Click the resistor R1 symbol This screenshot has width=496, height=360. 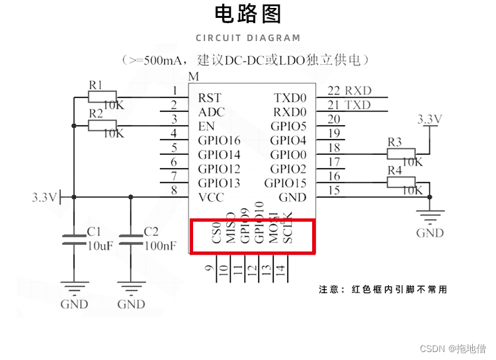(x=102, y=97)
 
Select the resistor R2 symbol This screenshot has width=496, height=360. (x=102, y=125)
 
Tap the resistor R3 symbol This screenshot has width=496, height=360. (x=401, y=154)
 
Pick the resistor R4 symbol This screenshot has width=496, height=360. (x=401, y=183)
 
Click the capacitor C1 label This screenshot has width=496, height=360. (x=94, y=232)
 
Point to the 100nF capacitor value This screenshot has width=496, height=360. (x=161, y=246)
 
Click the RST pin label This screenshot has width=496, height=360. (x=210, y=98)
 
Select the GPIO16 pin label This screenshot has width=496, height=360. (x=219, y=140)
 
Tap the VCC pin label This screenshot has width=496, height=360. (x=211, y=197)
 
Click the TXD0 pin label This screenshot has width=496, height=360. (x=290, y=98)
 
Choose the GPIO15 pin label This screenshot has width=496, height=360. (x=285, y=183)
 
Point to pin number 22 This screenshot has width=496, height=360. (x=334, y=91)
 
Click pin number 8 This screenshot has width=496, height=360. (x=175, y=191)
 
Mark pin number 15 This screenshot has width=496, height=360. (x=334, y=191)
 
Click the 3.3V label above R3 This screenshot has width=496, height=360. (x=429, y=119)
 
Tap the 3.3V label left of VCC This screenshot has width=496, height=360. (x=44, y=197)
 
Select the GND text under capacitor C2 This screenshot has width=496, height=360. (x=131, y=304)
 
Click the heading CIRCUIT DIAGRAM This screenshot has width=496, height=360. (x=248, y=38)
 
